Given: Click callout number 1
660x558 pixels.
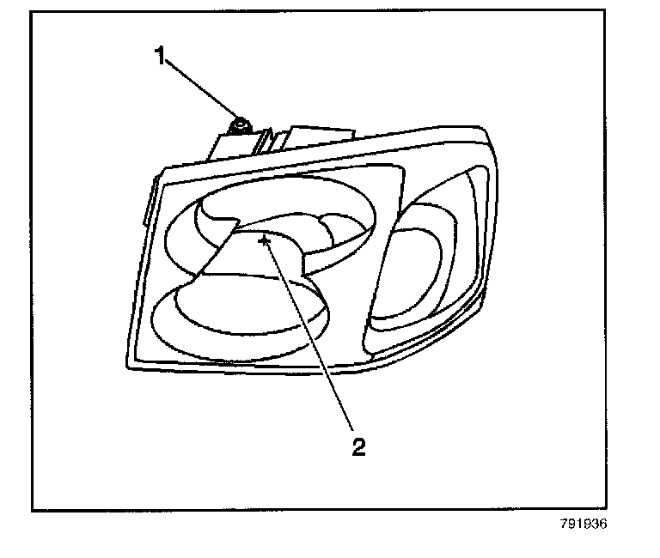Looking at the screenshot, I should pos(159,57).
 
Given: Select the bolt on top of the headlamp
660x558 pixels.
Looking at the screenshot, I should pos(240,125).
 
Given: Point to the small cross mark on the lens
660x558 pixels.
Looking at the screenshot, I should pos(265,241).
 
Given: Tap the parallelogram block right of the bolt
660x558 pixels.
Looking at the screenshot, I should pos(322,137).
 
